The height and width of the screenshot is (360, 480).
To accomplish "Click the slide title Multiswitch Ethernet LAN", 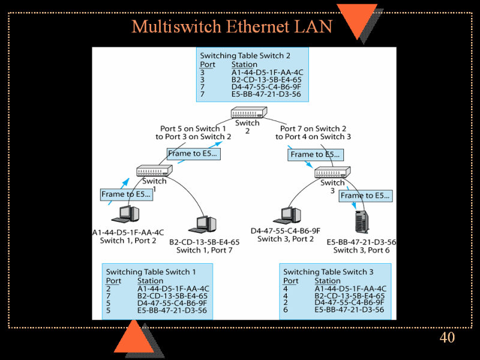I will tap(232, 27).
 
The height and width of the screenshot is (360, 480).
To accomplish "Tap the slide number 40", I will tap(447, 338).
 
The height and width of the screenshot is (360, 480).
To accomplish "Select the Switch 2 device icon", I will tap(248, 112).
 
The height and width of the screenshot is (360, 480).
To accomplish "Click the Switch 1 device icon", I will tap(154, 170).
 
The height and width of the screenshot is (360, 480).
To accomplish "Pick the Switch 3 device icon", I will tap(332, 172).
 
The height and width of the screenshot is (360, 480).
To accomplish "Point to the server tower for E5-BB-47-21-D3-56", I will tap(361, 221).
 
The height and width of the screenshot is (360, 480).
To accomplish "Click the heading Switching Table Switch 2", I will tap(245, 56).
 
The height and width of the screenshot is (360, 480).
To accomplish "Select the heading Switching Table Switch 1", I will tap(151, 272).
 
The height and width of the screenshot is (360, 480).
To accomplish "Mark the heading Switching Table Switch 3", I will tap(328, 272).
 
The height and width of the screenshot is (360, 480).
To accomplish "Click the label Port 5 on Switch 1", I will tap(193, 128).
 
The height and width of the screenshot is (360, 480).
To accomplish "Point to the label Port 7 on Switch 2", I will tap(313, 128).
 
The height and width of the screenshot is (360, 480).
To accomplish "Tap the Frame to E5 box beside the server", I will tap(365, 196).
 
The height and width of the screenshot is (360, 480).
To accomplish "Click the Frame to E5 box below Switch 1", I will tap(126, 194).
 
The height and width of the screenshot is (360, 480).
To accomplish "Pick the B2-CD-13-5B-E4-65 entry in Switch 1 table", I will tap(172, 296).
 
